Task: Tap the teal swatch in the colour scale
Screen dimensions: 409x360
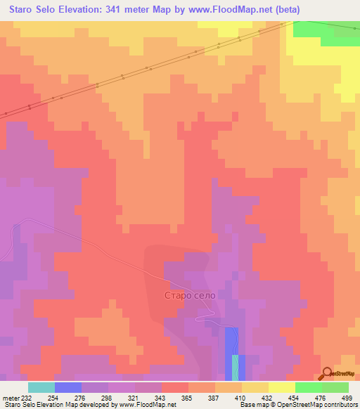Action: click(41, 387)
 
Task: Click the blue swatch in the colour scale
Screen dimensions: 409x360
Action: click(67, 387)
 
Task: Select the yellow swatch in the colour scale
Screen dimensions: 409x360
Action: click(281, 387)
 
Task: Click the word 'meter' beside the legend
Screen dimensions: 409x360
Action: click(11, 398)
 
